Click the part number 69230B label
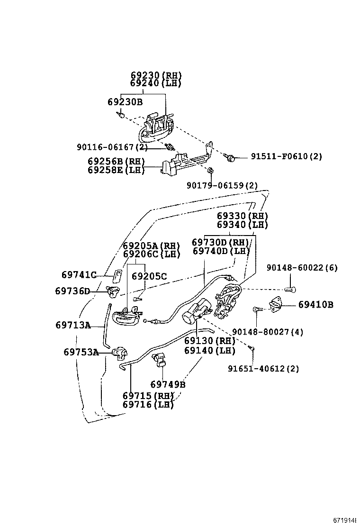pyautogui.click(x=125, y=102)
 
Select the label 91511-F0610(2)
pyautogui.click(x=286, y=156)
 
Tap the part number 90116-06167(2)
pyautogui.click(x=112, y=147)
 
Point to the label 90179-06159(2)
pyautogui.click(x=222, y=185)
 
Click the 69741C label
pyautogui.click(x=79, y=275)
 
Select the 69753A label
pyautogui.click(x=81, y=352)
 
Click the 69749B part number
pyautogui.click(x=168, y=384)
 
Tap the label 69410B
pyautogui.click(x=315, y=305)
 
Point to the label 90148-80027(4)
pyautogui.click(x=268, y=332)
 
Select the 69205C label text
pyautogui.click(x=149, y=276)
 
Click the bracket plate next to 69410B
pyautogui.click(x=276, y=305)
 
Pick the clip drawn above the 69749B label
pyautogui.click(x=159, y=361)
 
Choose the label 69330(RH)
pyautogui.click(x=243, y=216)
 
